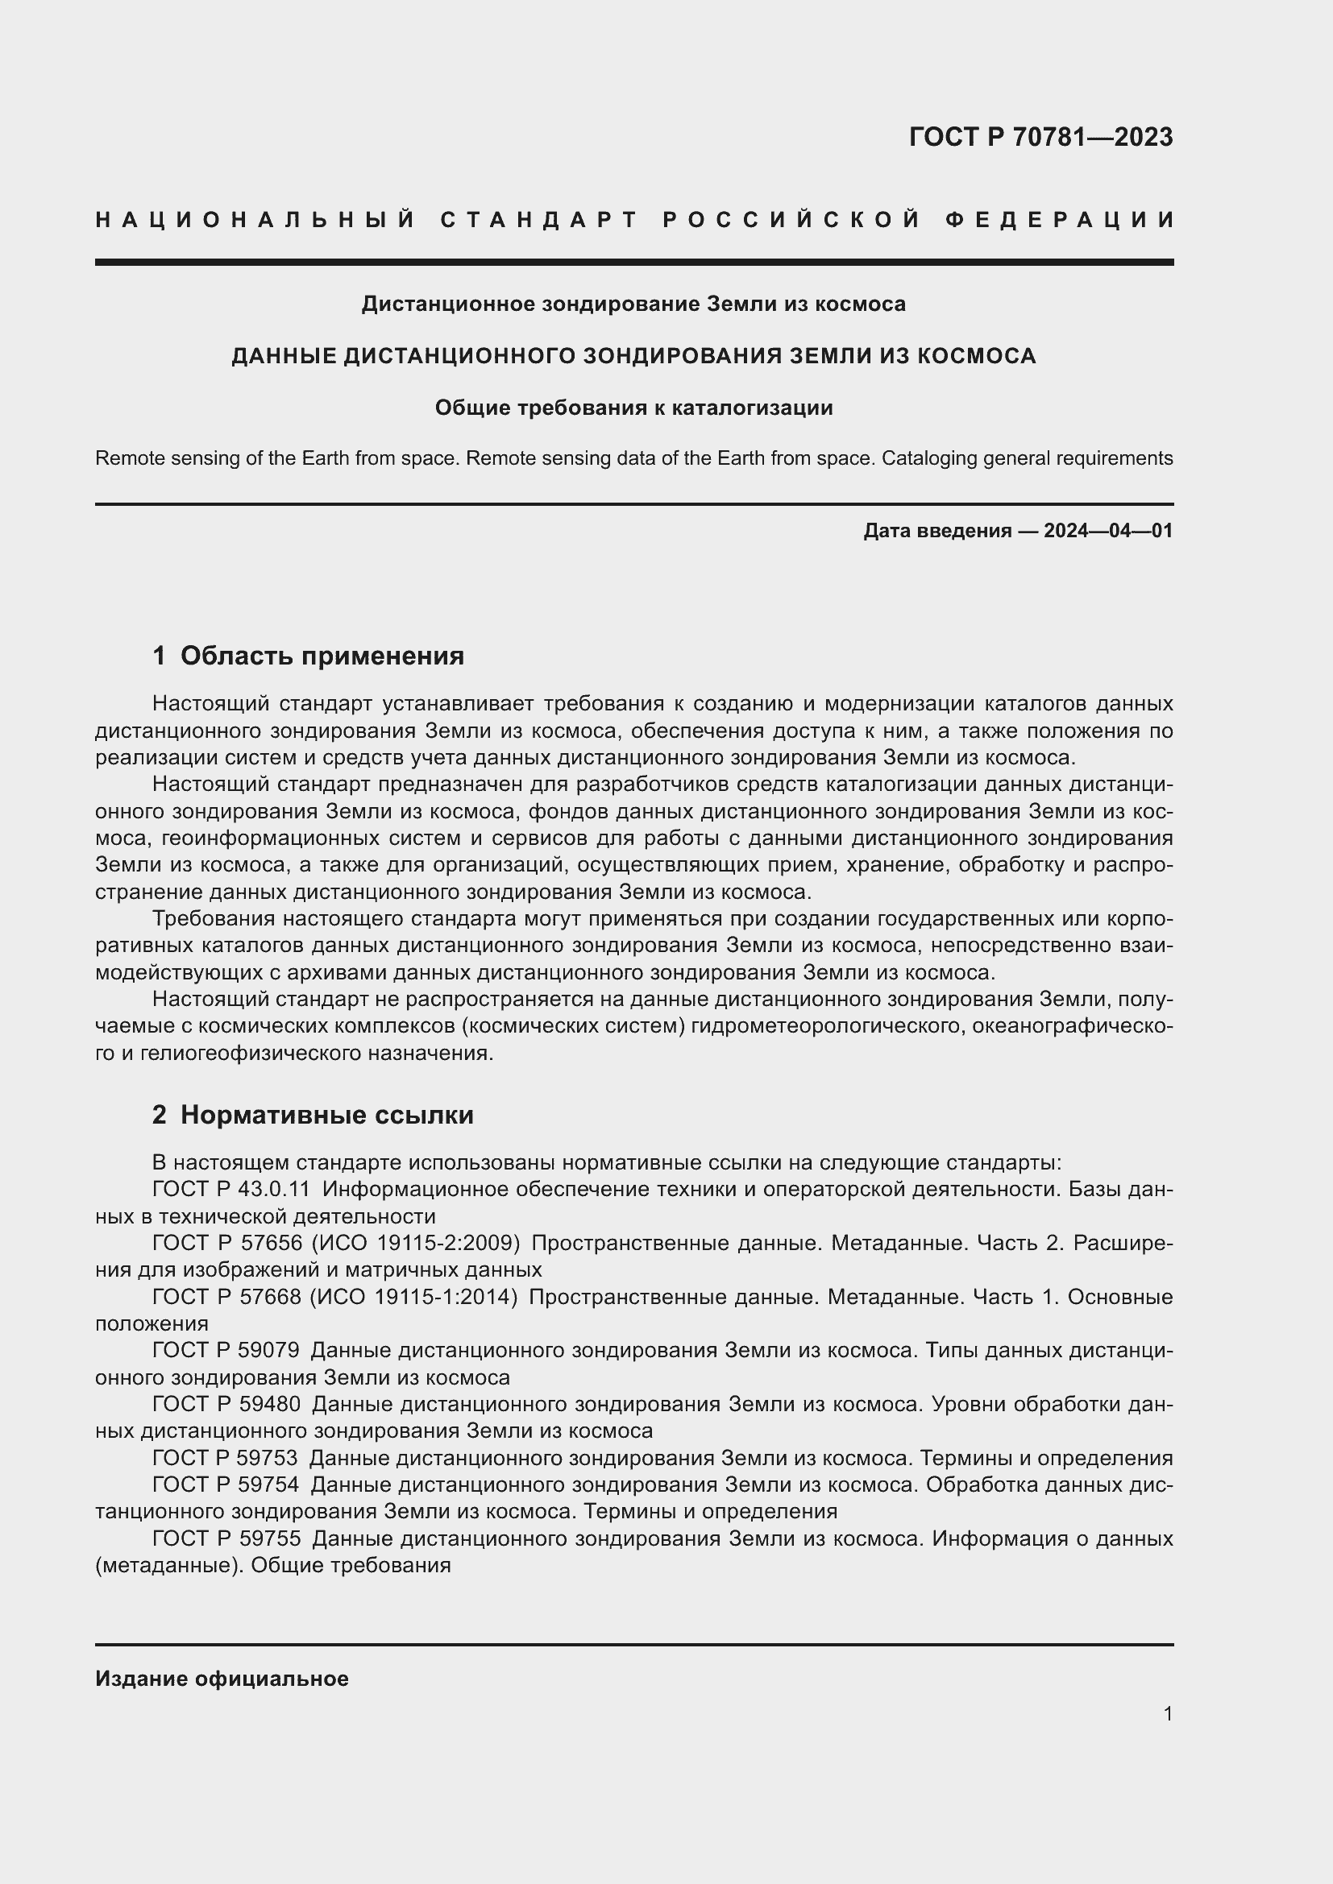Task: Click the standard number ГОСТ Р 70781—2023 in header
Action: point(1040,137)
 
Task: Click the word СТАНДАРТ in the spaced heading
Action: point(539,220)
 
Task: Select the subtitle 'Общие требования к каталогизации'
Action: point(633,408)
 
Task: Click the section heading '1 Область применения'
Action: point(308,656)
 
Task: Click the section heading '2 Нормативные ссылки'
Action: point(313,1114)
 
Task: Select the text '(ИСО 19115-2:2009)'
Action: point(415,1242)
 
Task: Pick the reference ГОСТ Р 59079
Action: point(226,1350)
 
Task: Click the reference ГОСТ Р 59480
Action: point(226,1404)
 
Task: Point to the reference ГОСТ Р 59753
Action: point(225,1458)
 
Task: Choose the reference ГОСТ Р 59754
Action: point(226,1484)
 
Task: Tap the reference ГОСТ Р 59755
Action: point(226,1538)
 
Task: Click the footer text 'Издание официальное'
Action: point(222,1679)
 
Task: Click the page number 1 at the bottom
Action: point(1167,1713)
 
